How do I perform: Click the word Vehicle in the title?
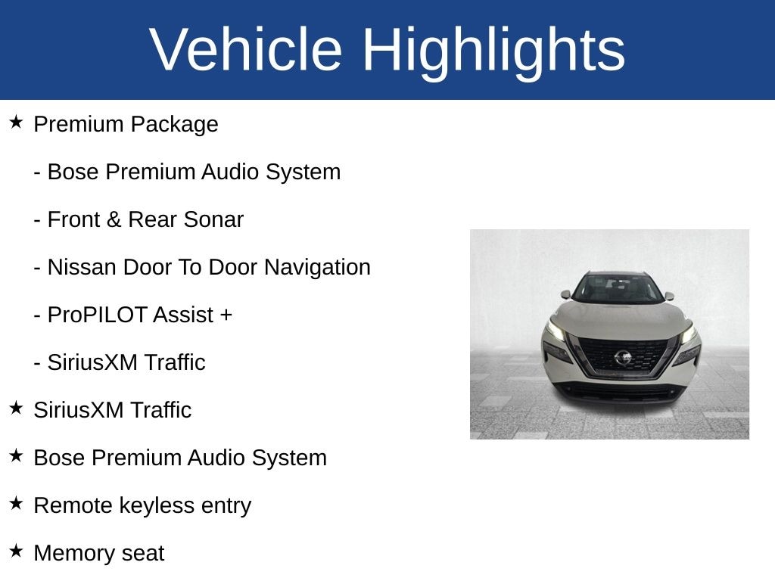point(246,49)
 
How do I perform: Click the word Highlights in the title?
point(493,52)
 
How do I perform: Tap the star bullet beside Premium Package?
point(16,122)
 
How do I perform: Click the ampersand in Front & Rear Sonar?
point(114,220)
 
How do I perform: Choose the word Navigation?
point(317,268)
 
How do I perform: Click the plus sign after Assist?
point(226,315)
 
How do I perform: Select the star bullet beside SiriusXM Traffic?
point(16,408)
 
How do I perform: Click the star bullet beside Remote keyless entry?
point(16,503)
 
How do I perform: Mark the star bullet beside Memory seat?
point(16,551)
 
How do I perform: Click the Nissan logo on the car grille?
point(623,357)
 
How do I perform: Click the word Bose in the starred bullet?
point(59,458)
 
